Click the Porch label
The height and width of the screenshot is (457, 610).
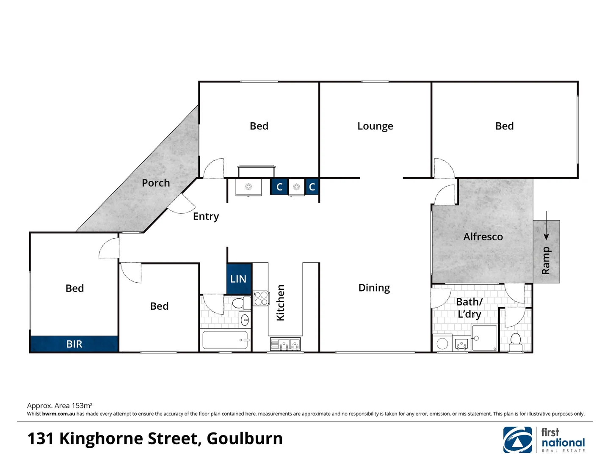[156, 183]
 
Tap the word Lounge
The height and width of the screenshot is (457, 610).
[375, 126]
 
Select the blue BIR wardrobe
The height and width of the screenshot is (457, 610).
[74, 344]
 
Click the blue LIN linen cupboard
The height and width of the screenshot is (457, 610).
[239, 279]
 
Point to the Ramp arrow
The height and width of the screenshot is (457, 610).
[546, 226]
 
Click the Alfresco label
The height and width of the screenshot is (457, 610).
[483, 237]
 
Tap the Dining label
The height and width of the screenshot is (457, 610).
[374, 288]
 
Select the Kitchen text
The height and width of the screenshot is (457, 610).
[280, 303]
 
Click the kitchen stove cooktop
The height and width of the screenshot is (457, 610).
[261, 298]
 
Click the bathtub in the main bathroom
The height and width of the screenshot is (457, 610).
[225, 340]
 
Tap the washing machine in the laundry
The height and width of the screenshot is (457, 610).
[442, 343]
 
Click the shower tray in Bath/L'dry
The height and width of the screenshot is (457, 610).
[485, 338]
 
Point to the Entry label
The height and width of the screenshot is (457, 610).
[206, 217]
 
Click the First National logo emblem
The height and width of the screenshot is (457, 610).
[517, 440]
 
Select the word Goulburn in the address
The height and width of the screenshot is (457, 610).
[245, 439]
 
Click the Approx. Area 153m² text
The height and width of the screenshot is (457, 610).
[60, 405]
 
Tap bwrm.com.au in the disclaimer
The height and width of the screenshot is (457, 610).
[58, 414]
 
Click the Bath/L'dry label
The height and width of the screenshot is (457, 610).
[469, 308]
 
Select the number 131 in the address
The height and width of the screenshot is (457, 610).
[41, 439]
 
